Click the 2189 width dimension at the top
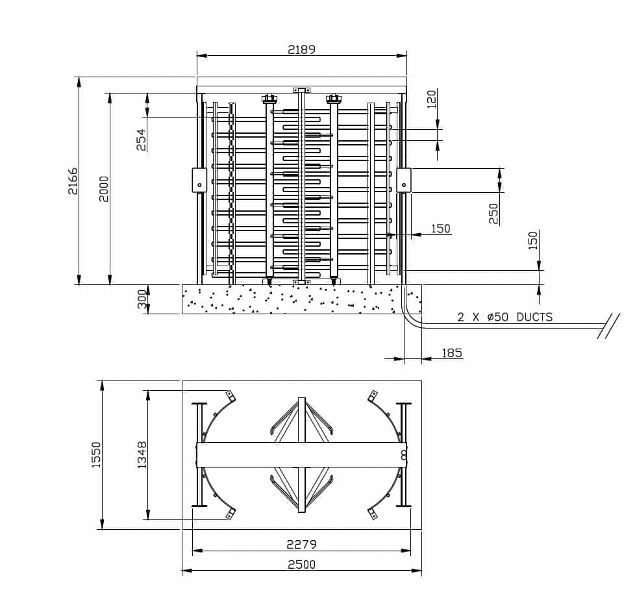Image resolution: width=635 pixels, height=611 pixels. (301, 49)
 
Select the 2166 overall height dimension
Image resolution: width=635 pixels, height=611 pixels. (73, 181)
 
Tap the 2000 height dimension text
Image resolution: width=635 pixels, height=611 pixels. (104, 188)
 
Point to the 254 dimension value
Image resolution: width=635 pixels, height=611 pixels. (141, 140)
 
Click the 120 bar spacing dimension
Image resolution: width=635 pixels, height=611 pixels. (432, 99)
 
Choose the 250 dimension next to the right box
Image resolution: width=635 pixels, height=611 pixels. (494, 213)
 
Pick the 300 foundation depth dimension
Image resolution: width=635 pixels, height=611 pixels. (142, 299)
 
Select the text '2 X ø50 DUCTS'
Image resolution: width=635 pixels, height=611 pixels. (504, 317)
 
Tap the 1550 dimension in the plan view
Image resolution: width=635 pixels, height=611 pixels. (96, 455)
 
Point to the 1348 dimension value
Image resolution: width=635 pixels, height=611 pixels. (142, 455)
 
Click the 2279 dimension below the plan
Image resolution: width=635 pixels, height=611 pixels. (301, 544)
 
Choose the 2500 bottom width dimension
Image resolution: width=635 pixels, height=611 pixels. (301, 564)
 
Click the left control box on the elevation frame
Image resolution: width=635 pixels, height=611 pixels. (199, 180)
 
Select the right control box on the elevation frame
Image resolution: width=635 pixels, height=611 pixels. (404, 180)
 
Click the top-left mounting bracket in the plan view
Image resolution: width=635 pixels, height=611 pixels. (229, 395)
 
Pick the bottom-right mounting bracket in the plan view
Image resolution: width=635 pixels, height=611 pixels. (373, 514)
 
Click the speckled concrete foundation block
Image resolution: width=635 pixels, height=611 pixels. (292, 299)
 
